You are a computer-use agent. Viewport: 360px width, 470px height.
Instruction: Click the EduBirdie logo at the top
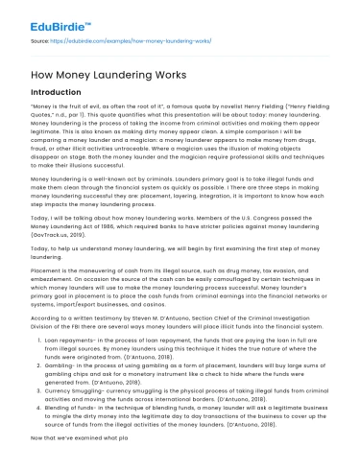tap(37, 14)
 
